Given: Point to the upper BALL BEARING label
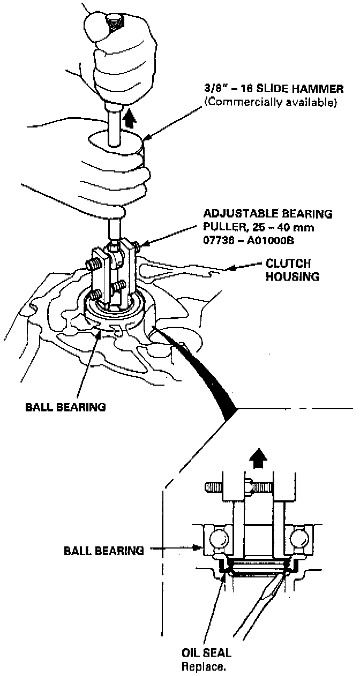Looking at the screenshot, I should (x=65, y=407).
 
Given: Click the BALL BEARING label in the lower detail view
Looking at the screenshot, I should (x=103, y=550).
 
